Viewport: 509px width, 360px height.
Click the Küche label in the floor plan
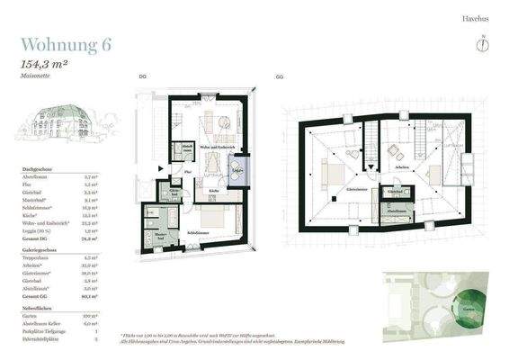(214, 192)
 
